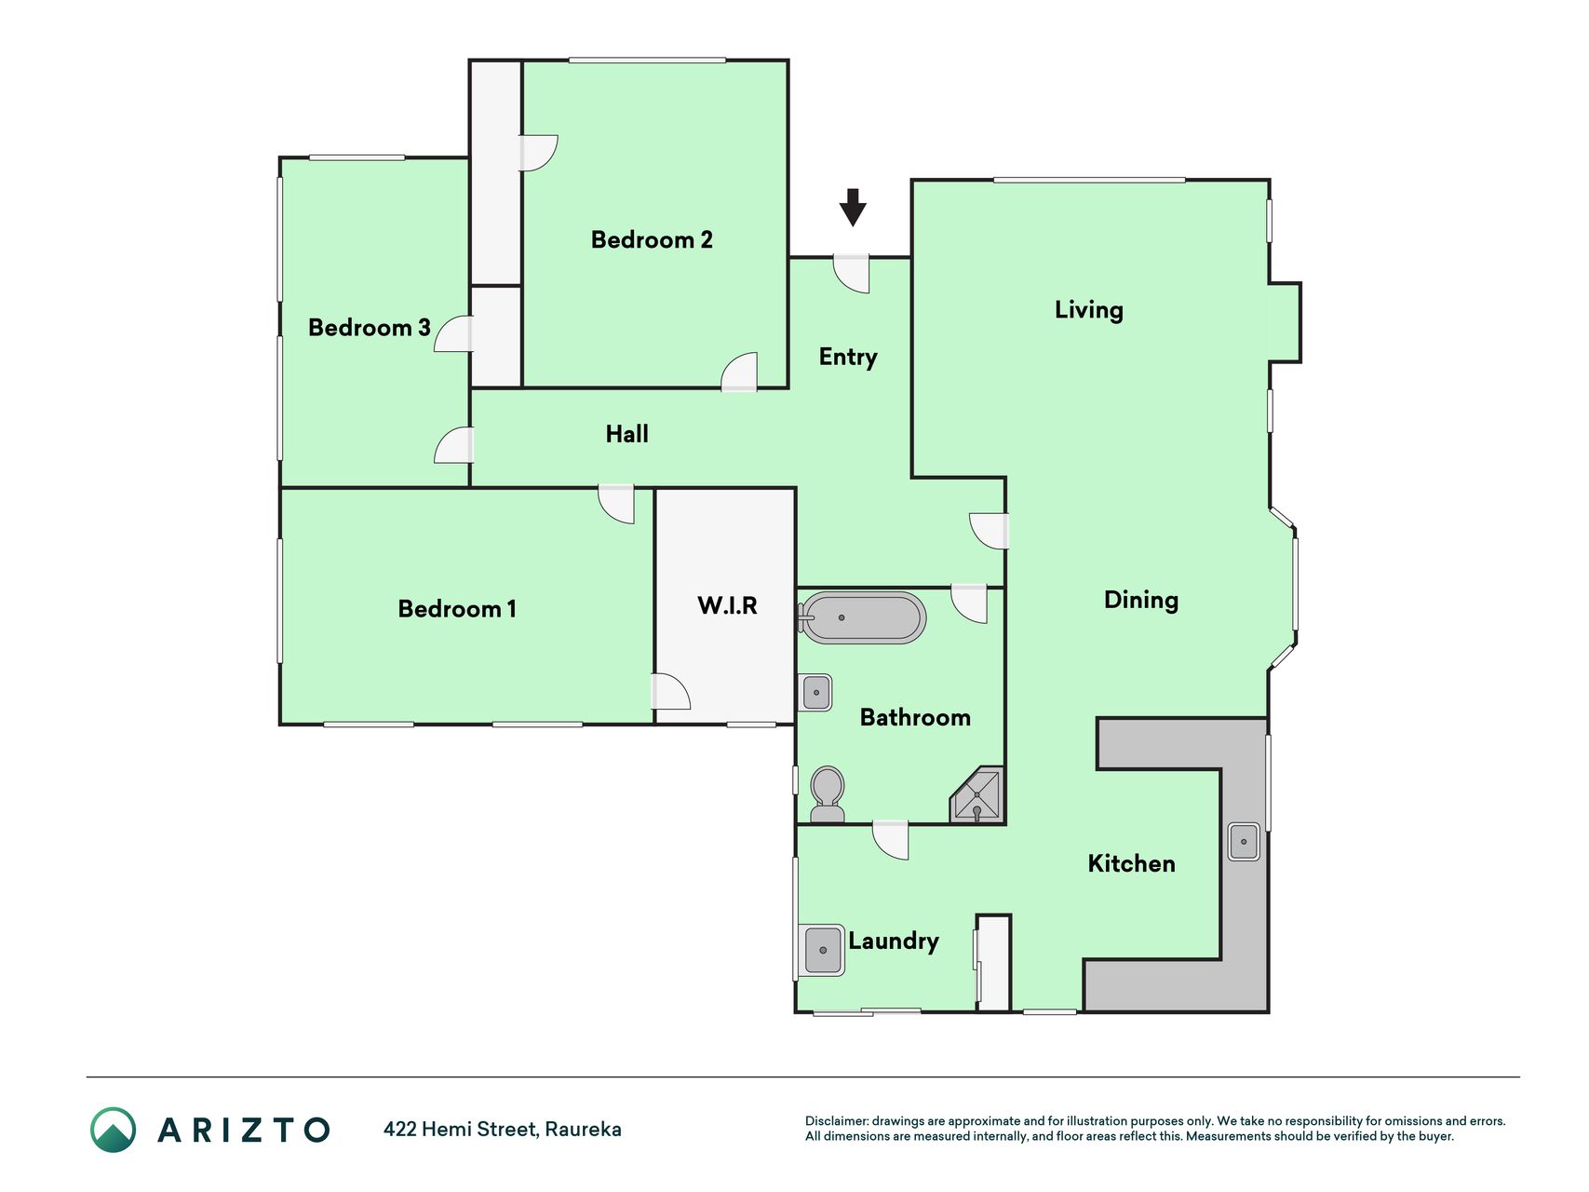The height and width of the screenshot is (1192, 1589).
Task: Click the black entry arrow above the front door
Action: (853, 207)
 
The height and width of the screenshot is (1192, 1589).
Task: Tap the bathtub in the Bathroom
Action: (862, 617)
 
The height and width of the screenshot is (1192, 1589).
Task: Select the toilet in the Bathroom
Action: (828, 794)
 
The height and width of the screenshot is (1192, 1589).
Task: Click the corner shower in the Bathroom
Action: (977, 795)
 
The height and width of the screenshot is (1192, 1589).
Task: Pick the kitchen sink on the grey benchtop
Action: (1244, 842)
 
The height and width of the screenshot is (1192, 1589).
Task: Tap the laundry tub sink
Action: (822, 950)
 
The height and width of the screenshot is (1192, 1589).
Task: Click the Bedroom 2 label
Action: (652, 240)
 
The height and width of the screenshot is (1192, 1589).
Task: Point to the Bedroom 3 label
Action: (370, 328)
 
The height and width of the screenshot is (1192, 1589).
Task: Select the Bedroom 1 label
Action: (457, 609)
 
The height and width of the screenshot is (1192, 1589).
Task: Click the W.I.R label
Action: (727, 605)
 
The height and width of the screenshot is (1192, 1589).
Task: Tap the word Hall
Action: (626, 434)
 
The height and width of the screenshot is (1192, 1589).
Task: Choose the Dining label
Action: (1141, 601)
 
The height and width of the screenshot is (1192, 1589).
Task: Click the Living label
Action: (1089, 310)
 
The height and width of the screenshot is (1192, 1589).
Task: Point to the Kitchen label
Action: (1132, 864)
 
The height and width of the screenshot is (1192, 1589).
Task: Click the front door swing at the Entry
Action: (851, 274)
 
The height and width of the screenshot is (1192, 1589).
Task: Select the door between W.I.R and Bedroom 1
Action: (671, 691)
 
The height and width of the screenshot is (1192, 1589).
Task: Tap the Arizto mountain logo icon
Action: (114, 1130)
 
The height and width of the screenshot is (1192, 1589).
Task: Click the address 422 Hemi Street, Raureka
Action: (503, 1130)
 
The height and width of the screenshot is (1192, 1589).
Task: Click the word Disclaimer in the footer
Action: (836, 1121)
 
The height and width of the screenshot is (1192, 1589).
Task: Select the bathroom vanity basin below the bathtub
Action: (816, 693)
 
